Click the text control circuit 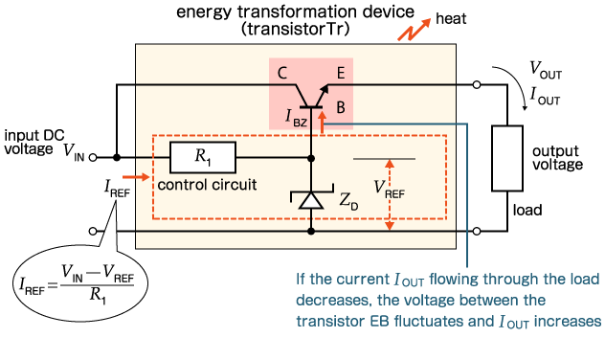[x=207, y=183]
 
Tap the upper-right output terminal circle [x=477, y=85]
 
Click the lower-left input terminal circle [x=94, y=231]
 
